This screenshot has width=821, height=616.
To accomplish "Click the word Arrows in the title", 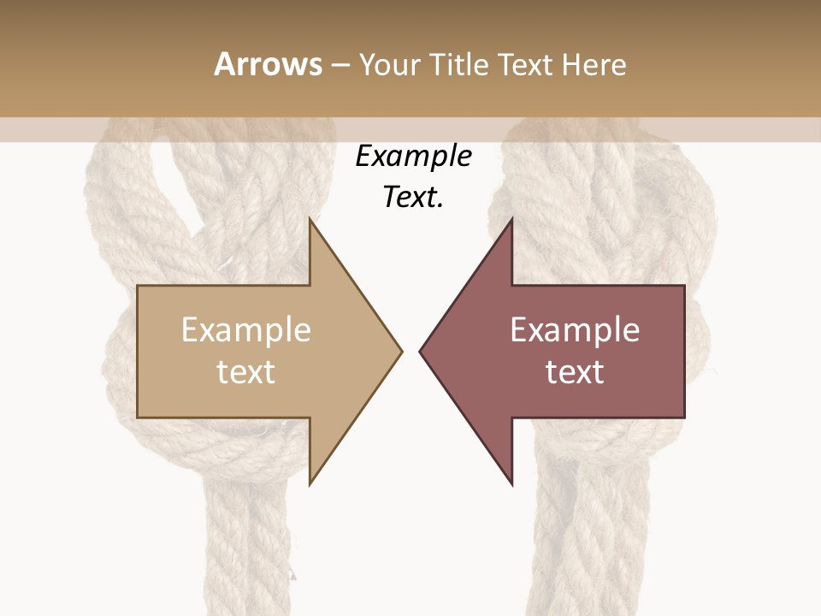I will [x=268, y=64].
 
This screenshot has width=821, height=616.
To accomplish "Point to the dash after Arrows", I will [x=340, y=65].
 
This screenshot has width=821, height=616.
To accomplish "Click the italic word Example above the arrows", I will [x=414, y=157].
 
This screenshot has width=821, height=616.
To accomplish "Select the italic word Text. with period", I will [x=414, y=197].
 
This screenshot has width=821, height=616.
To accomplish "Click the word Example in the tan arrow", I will [x=246, y=329].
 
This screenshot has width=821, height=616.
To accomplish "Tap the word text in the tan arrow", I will [x=246, y=372].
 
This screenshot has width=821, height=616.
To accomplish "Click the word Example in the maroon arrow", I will [x=575, y=329].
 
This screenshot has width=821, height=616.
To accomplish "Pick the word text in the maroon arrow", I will [x=575, y=372].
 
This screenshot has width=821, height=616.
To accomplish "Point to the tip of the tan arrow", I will [x=400, y=351].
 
